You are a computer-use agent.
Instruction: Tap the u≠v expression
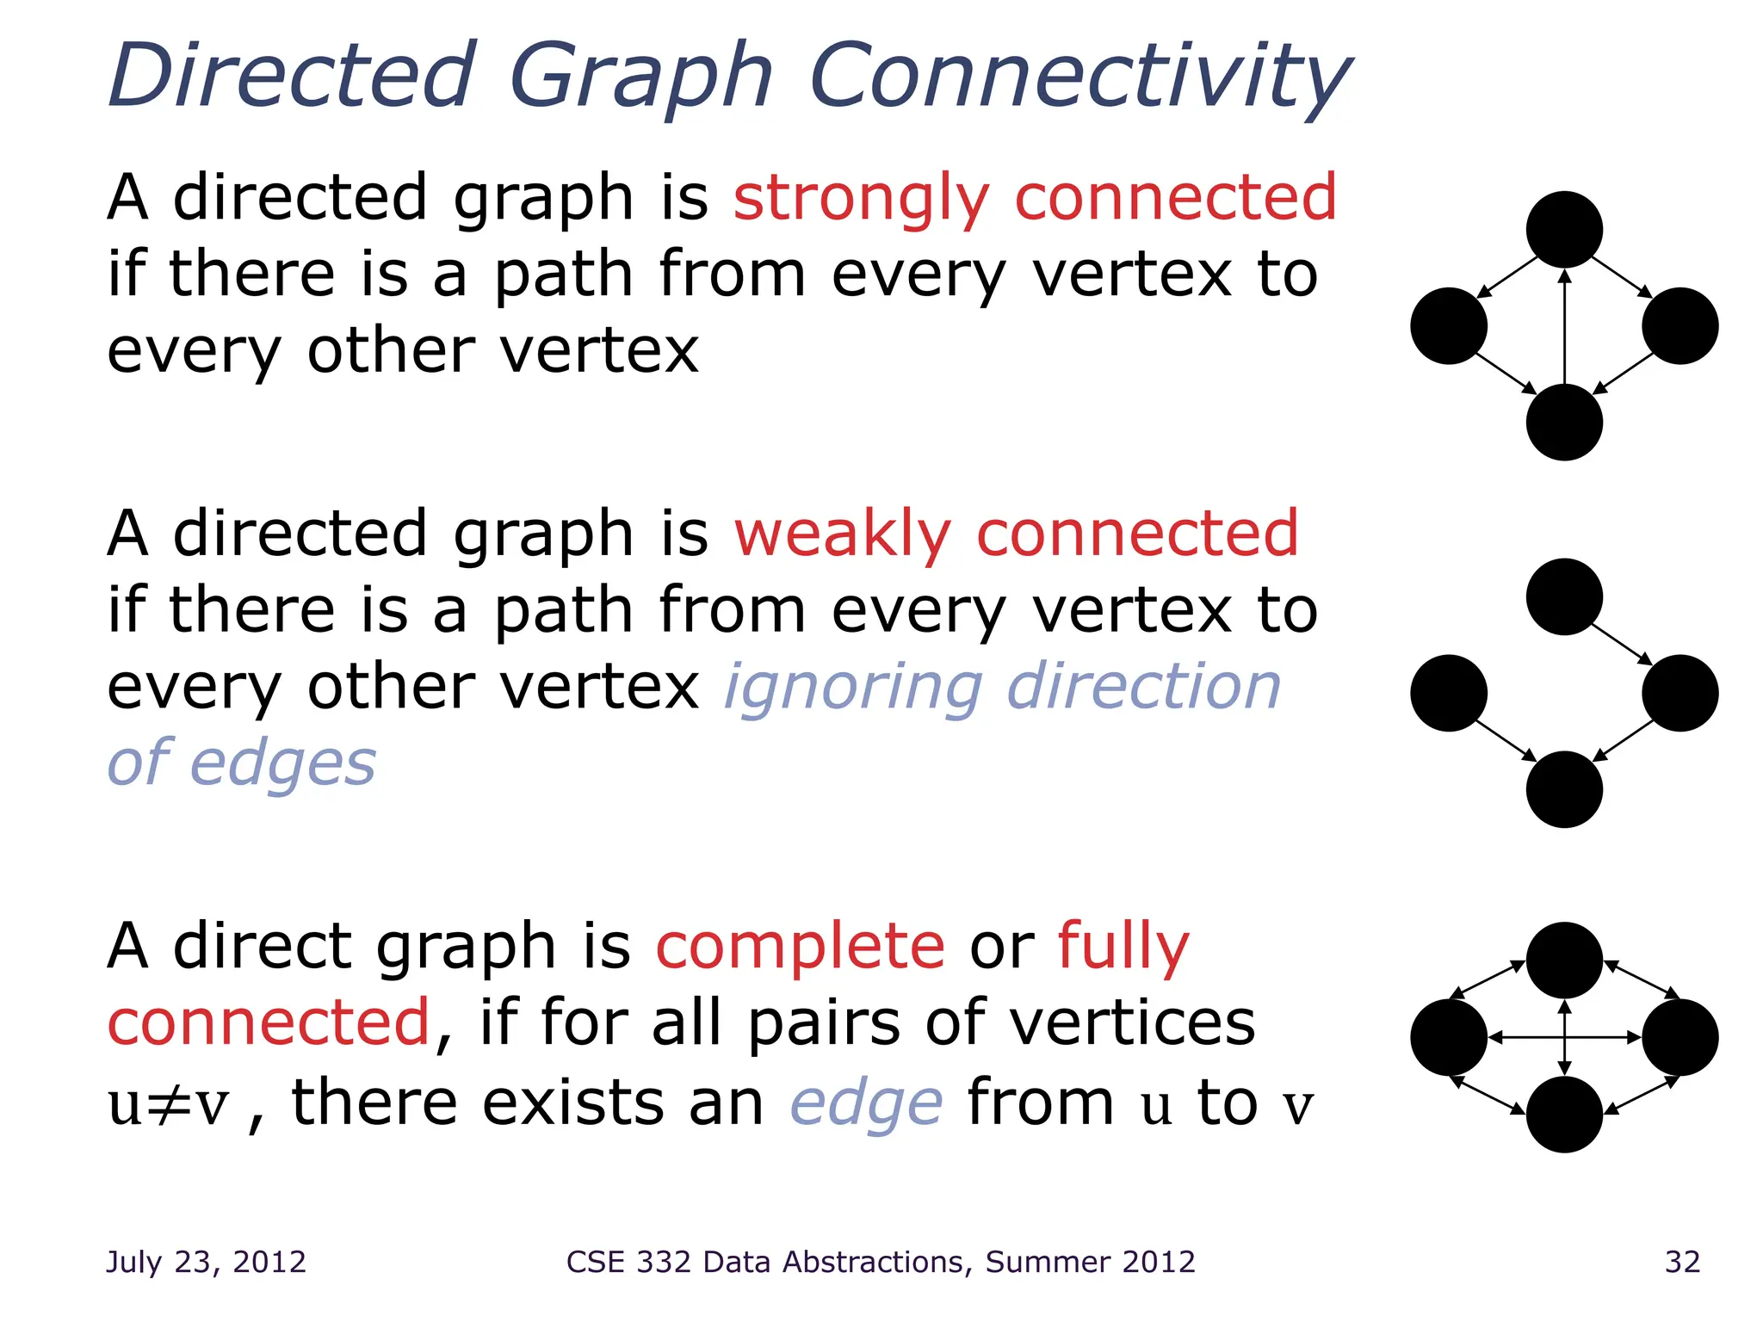pyautogui.click(x=169, y=1104)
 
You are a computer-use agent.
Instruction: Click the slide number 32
pyautogui.click(x=1682, y=1262)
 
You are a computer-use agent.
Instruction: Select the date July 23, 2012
pyautogui.click(x=206, y=1262)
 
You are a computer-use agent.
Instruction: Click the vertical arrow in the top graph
pyautogui.click(x=1565, y=327)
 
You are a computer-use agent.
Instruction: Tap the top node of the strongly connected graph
pyautogui.click(x=1564, y=230)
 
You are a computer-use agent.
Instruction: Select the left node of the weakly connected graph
pyautogui.click(x=1449, y=693)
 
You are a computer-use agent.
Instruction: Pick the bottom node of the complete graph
pyautogui.click(x=1564, y=1115)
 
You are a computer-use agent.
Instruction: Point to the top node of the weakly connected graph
pyautogui.click(x=1564, y=597)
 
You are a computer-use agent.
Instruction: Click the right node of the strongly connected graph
pyautogui.click(x=1679, y=326)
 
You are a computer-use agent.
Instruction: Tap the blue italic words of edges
pyautogui.click(x=241, y=763)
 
